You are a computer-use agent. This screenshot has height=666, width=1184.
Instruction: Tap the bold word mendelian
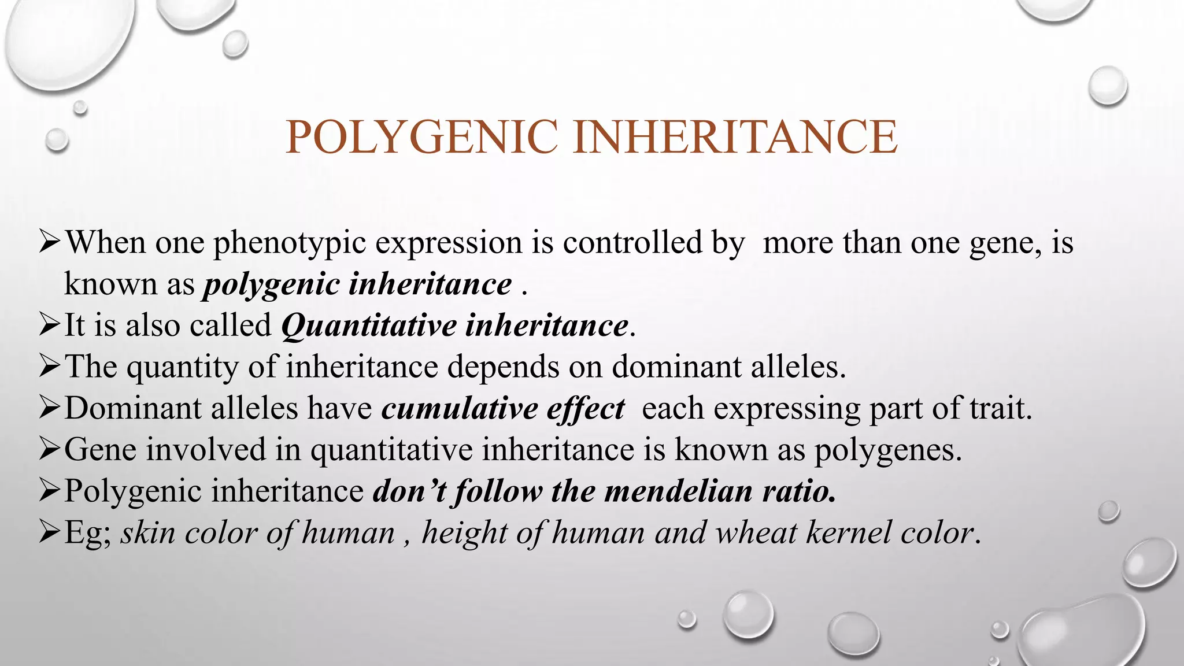click(x=678, y=491)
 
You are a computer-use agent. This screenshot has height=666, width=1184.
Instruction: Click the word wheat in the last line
click(x=756, y=532)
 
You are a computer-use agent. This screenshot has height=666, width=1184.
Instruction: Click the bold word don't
click(x=409, y=491)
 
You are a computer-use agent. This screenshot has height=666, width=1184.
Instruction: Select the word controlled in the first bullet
click(x=632, y=242)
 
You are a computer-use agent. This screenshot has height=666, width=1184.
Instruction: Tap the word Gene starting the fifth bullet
click(x=100, y=450)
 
